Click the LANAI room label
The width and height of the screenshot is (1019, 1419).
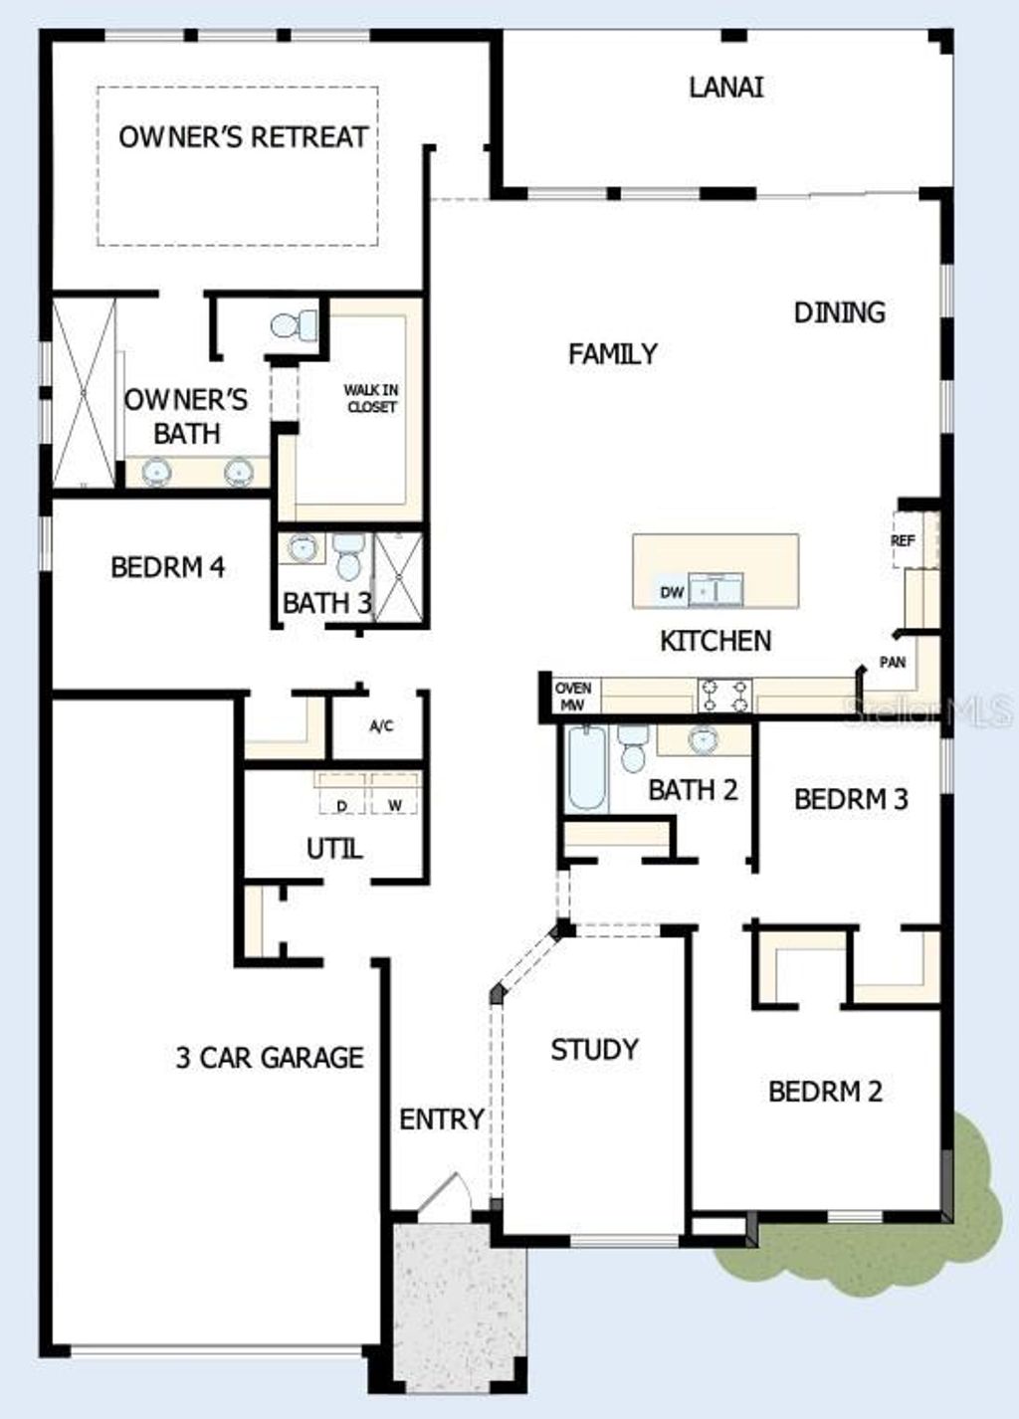726,87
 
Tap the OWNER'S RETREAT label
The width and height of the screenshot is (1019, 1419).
243,136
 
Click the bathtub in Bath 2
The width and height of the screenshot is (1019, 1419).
586,768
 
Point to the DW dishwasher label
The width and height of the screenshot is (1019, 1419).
673,592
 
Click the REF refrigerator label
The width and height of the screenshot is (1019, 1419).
903,540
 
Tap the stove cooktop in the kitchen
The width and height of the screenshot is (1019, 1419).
724,694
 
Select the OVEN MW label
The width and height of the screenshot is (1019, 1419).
573,696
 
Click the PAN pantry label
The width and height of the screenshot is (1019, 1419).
893,662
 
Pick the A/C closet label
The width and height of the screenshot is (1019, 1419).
381,726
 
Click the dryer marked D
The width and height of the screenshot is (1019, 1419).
342,803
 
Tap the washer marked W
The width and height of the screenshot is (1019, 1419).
395,803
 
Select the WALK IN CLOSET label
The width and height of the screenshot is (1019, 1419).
371,398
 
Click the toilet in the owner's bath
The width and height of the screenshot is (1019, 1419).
293,324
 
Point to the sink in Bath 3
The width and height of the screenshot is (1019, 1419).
302,547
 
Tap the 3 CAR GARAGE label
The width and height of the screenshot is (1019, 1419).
270,1057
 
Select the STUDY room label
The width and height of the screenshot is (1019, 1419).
594,1049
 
